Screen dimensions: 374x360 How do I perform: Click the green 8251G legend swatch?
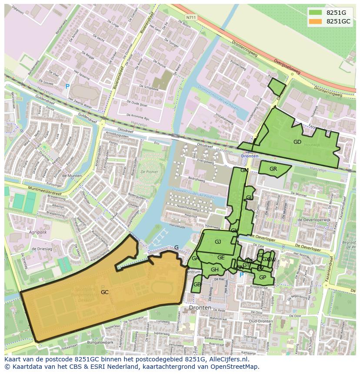[316, 13]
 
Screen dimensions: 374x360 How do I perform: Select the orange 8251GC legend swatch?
[316, 21]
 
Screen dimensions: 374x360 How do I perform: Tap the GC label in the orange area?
[104, 292]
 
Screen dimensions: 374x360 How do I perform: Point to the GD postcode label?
[297, 142]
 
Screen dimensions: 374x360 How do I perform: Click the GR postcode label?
[273, 169]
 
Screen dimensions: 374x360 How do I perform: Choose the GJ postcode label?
[218, 242]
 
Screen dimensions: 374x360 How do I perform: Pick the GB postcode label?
[197, 285]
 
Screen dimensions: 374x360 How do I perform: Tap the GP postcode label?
[262, 278]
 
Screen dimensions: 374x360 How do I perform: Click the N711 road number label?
[190, 17]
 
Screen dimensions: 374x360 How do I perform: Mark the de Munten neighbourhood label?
[72, 175]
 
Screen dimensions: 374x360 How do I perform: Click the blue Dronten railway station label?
[249, 156]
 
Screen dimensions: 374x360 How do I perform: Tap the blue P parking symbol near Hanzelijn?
[67, 87]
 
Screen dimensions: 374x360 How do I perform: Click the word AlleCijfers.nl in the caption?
[227, 359]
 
